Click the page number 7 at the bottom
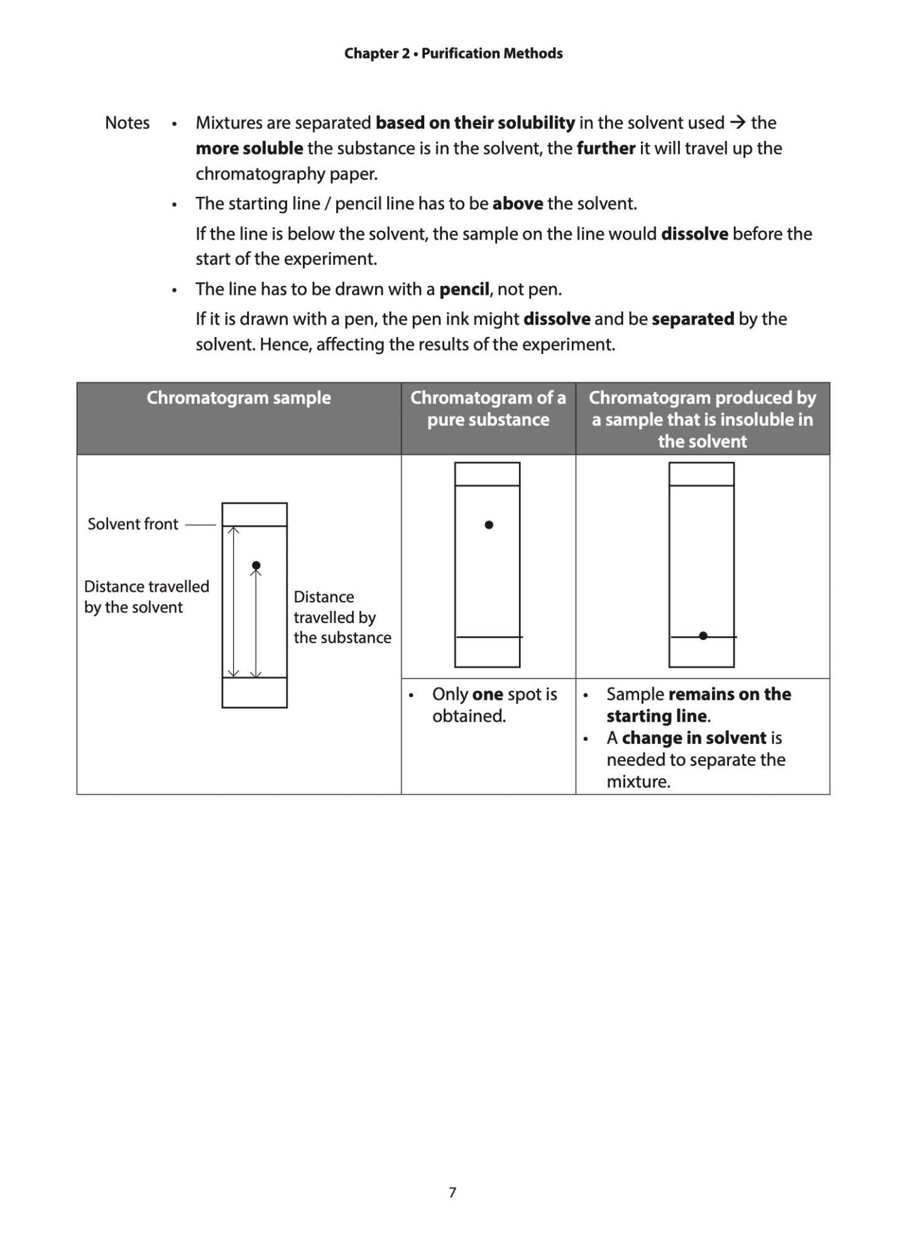coord(452,1192)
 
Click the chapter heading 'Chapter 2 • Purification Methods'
coord(453,53)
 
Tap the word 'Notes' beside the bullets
coord(127,123)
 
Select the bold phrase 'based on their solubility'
coord(475,123)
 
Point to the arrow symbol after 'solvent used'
coord(738,122)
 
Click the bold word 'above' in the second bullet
coord(517,204)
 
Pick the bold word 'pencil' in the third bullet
coord(464,289)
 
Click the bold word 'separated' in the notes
coord(692,319)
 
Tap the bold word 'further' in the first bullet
coord(606,148)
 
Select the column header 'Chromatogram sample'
coord(239,398)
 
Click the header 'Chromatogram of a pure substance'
coord(488,409)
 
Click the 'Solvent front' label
coord(133,524)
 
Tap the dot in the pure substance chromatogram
coord(489,524)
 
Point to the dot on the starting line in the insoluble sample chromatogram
coord(703,636)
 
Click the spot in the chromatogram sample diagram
coord(256,565)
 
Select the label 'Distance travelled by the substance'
coord(341,617)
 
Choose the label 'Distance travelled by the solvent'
coord(146,597)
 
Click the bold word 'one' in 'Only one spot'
coord(487,694)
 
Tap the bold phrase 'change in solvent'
coord(694,738)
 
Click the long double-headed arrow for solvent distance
coord(233,602)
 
